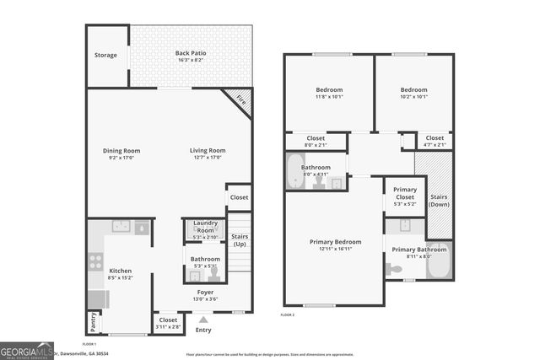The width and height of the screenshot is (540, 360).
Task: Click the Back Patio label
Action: pyautogui.click(x=191, y=53)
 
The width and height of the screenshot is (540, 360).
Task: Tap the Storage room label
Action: pyautogui.click(x=105, y=56)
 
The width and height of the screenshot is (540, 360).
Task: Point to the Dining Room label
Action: pyautogui.click(x=121, y=151)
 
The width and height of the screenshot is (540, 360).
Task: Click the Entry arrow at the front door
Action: pyautogui.click(x=203, y=320)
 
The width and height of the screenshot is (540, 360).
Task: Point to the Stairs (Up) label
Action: pyautogui.click(x=240, y=239)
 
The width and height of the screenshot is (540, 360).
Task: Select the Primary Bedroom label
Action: pyautogui.click(x=335, y=242)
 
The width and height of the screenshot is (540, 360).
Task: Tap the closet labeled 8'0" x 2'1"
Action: pyautogui.click(x=316, y=141)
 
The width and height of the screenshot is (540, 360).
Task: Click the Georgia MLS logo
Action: pyautogui.click(x=27, y=349)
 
